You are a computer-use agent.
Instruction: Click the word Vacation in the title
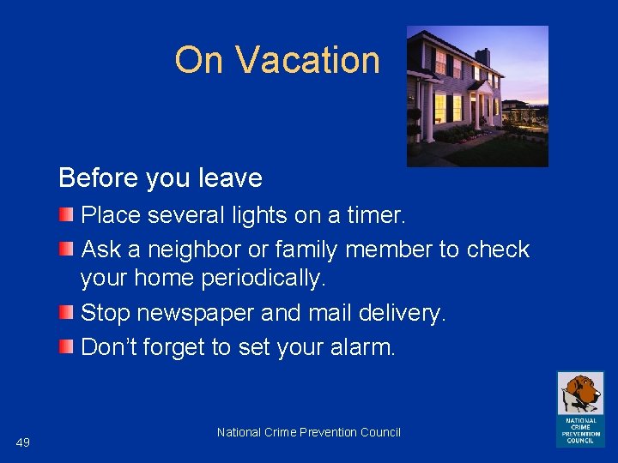[x=307, y=60]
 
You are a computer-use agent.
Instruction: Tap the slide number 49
[x=23, y=442]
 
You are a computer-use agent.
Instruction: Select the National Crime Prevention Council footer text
[x=309, y=432]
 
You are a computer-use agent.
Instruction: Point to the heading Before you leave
[x=161, y=178]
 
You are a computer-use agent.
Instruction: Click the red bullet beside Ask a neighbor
[x=66, y=250]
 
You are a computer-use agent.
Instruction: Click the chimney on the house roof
[x=482, y=56]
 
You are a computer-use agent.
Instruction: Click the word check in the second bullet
[x=498, y=250]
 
